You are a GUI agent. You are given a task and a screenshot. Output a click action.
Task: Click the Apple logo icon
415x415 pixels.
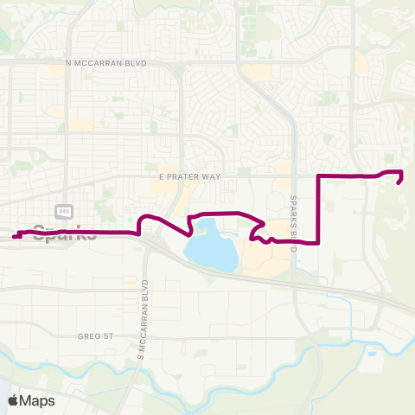[x=13, y=400]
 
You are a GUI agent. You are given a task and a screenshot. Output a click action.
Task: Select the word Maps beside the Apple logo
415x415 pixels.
[x=40, y=400]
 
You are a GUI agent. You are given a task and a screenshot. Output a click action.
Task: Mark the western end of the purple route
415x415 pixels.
[x=15, y=236]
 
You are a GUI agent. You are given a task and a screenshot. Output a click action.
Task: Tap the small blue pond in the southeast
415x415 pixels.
[x=372, y=353]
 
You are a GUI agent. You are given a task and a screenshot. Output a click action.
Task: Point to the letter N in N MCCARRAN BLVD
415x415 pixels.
[x=68, y=63]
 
